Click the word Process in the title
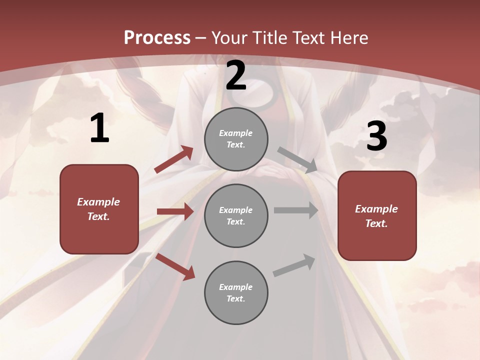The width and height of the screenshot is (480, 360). pos(157,37)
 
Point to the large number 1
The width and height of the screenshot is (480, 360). pos(99,128)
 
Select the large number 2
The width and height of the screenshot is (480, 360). pos(236,76)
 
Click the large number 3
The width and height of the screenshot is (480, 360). pos(376,136)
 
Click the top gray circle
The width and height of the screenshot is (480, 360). pos(236,139)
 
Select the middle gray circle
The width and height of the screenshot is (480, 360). pos(236,215)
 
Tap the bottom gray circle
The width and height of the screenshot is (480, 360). pos(236,292)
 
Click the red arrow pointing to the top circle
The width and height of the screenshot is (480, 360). pos(174,159)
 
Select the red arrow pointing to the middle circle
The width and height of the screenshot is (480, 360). pos(175,211)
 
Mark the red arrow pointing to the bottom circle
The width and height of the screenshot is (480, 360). pos(175,266)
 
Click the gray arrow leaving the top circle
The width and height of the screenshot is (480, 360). pos(297,159)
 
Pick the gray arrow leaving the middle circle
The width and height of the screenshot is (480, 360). pos(296,210)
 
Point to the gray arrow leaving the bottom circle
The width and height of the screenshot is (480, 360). pos(294,265)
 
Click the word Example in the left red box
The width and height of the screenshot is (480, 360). pos(98,202)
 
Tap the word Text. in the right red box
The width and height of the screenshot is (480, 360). pos(376,223)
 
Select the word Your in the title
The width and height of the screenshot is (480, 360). pos(230,37)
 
